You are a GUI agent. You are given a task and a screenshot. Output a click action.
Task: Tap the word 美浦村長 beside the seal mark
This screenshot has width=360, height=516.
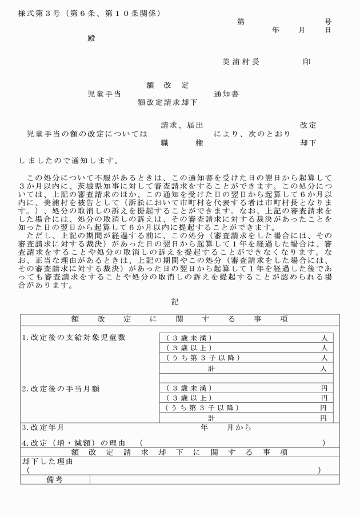[x=241, y=62]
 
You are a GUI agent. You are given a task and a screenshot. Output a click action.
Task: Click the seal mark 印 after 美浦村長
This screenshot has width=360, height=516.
[x=307, y=62]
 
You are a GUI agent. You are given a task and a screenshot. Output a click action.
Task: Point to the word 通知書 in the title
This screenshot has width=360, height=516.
[x=226, y=94]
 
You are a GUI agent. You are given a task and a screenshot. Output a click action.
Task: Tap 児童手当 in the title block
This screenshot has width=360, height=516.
[x=103, y=94]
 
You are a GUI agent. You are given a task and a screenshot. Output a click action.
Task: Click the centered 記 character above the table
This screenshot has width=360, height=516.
[x=175, y=302]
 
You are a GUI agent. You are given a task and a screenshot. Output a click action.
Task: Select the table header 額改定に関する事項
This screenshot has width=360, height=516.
[x=179, y=319]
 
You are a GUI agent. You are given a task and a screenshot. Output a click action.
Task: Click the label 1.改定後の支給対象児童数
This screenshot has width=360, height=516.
[x=74, y=337]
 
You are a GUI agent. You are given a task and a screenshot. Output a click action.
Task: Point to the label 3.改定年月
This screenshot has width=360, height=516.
[x=43, y=427]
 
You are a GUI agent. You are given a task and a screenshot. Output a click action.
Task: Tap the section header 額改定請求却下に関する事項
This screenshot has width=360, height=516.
[x=179, y=452]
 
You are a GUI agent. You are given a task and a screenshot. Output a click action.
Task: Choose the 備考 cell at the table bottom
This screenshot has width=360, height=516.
[x=55, y=479]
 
